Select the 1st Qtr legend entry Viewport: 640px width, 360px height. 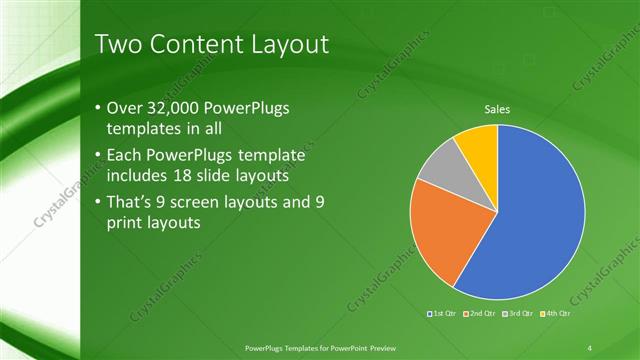pyautogui.click(x=443, y=314)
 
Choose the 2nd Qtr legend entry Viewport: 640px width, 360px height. pyautogui.click(x=480, y=314)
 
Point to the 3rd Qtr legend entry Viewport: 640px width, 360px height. pyautogui.click(x=517, y=314)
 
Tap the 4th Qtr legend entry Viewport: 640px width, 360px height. pyautogui.click(x=554, y=314)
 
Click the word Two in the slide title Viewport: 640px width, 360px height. pyautogui.click(x=117, y=44)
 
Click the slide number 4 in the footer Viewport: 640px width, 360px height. pyautogui.click(x=590, y=347)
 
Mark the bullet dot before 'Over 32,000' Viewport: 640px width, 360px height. pyautogui.click(x=97, y=109)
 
